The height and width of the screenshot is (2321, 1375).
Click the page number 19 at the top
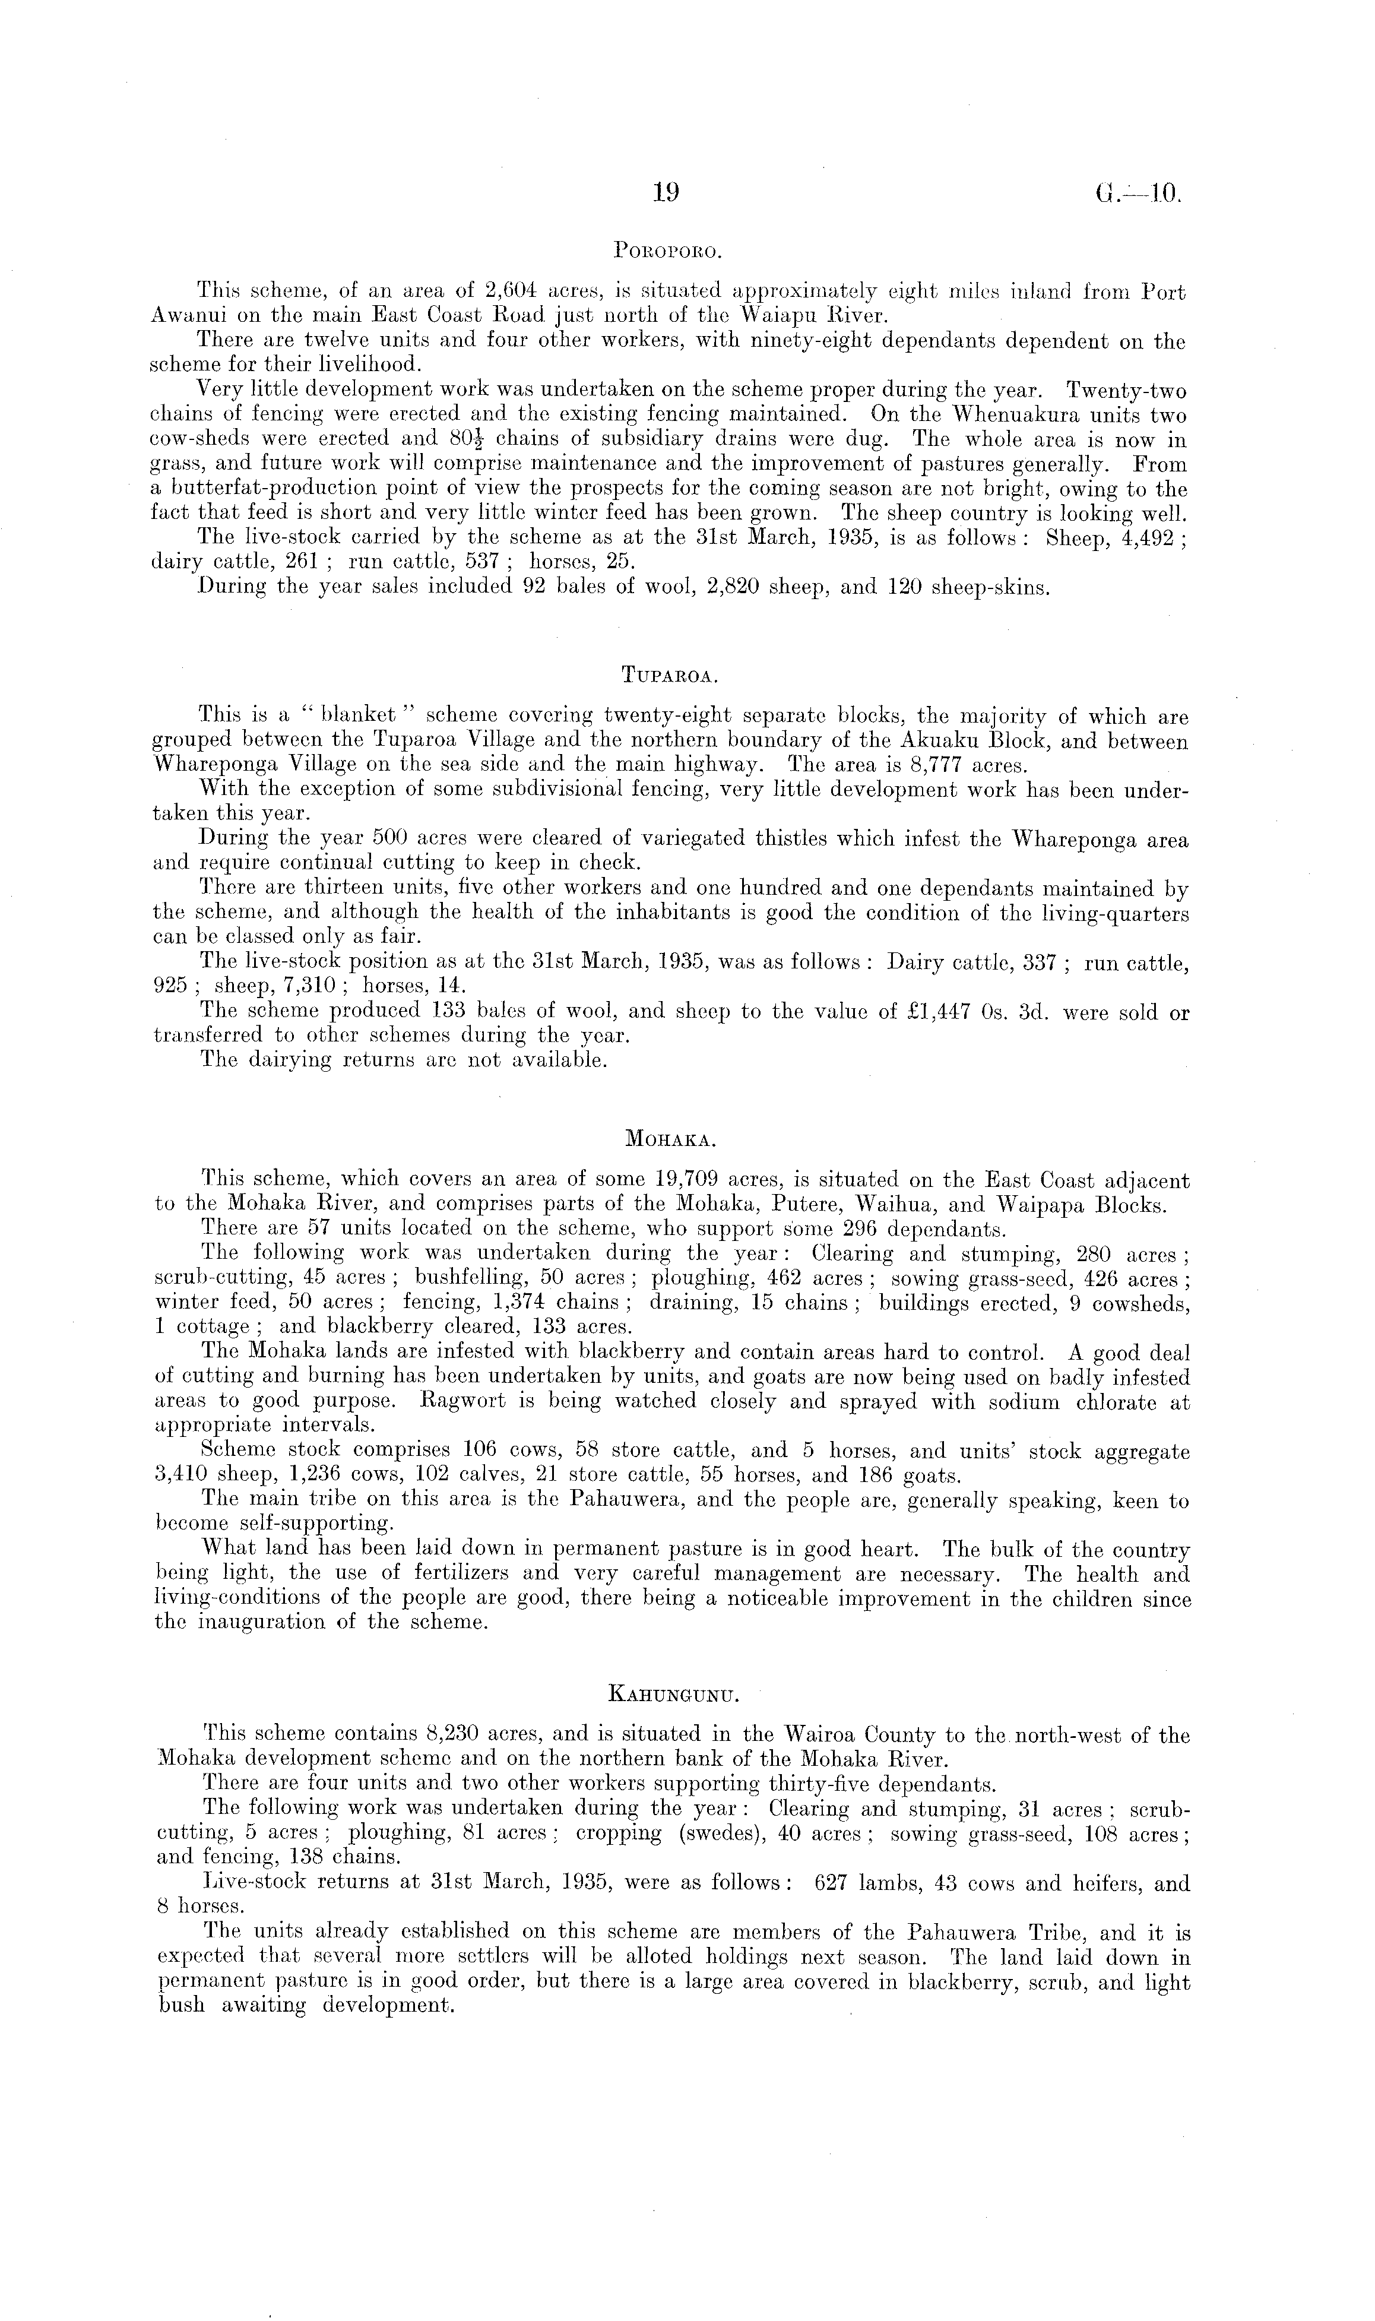tap(666, 193)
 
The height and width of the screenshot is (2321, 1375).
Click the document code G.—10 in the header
tap(1138, 194)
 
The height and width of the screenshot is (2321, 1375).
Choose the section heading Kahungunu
tap(671, 1696)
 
